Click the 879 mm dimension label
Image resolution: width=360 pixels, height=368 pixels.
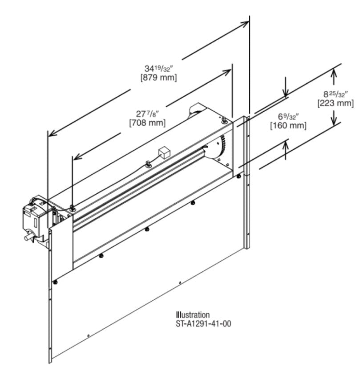[x=159, y=78]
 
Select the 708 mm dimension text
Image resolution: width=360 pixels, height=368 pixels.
[x=147, y=123]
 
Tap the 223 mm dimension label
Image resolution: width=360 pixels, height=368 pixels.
[x=336, y=103]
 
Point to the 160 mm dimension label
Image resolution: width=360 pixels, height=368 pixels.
[x=288, y=125]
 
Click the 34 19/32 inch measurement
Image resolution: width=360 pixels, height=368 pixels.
[x=159, y=68]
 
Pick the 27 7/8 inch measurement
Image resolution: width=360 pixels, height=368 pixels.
[x=148, y=114]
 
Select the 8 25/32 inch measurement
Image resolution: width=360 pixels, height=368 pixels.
[x=336, y=94]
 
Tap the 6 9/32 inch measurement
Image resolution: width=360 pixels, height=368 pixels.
[x=288, y=116]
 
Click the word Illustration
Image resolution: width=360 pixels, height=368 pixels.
[x=193, y=315]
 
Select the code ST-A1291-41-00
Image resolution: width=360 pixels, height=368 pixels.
[x=203, y=323]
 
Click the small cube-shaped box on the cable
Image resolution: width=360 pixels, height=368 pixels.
[x=164, y=152]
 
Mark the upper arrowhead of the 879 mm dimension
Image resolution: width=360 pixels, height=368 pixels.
[x=244, y=24]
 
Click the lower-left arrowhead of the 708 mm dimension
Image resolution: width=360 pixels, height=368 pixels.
[x=77, y=157]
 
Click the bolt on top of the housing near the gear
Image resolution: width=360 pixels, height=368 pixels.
[x=225, y=120]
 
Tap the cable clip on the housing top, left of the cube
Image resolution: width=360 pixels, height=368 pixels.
[x=148, y=164]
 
